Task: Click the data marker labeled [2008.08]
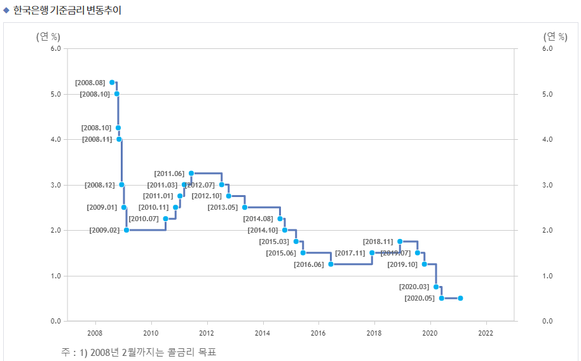tap(112, 83)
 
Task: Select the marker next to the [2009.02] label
tap(126, 230)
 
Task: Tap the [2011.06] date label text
tap(169, 174)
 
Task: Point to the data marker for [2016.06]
tap(331, 264)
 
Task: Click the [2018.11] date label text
tap(378, 242)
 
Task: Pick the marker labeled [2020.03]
tap(435, 287)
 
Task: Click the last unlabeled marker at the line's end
tap(460, 298)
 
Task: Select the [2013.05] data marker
tap(245, 207)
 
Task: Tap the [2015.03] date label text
tap(274, 242)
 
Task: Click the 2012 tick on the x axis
tap(207, 332)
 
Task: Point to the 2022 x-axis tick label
tap(486, 332)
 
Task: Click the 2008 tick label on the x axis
tap(95, 332)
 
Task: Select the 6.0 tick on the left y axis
tap(55, 48)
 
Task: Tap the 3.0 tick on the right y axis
tap(530, 185)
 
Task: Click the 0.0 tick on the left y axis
tap(55, 321)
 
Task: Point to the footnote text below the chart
tap(139, 351)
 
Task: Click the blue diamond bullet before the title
tap(6, 10)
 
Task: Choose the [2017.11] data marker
tap(372, 253)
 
